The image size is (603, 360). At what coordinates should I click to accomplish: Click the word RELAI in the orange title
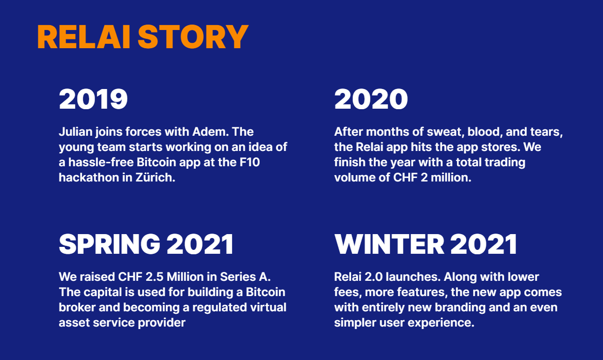tap(84, 36)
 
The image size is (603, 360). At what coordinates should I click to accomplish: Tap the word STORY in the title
tap(193, 36)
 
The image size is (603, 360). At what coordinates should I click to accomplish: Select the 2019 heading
tap(93, 99)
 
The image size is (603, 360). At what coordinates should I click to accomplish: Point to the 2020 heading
tap(371, 99)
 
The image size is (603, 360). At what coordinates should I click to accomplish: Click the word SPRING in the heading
tap(110, 244)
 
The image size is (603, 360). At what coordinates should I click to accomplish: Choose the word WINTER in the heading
tap(389, 244)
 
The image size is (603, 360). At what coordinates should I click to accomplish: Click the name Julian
tap(76, 132)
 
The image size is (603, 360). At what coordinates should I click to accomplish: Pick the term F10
tap(249, 162)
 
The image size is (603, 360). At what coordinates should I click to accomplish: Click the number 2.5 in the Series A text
tap(154, 277)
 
